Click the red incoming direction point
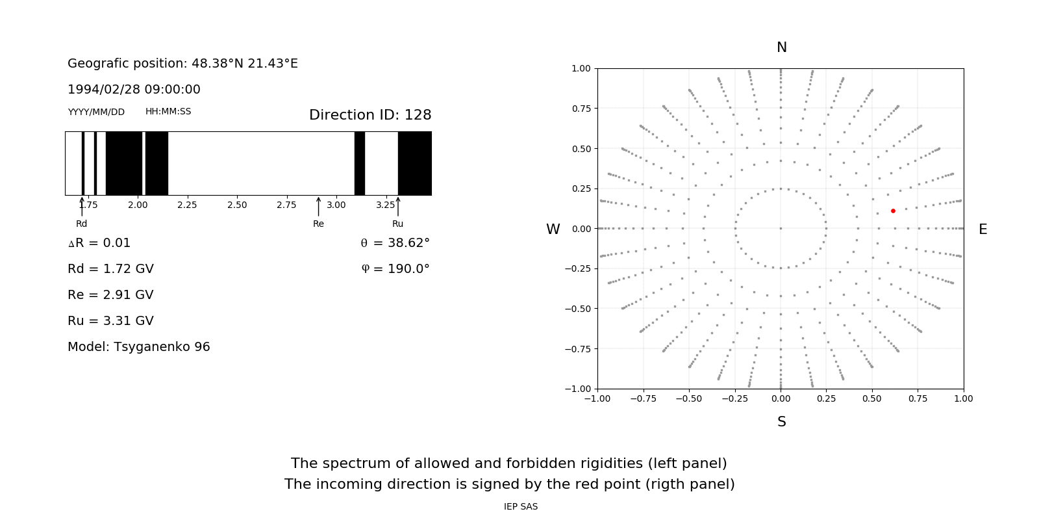click(893, 211)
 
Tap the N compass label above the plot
click(782, 47)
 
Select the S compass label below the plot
click(782, 422)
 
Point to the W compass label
click(553, 229)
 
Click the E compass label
click(983, 229)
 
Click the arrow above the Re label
click(318, 207)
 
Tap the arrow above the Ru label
click(398, 207)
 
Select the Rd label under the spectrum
click(81, 224)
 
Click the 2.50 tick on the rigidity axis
click(237, 205)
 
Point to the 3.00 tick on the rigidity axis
click(336, 205)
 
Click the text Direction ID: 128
click(370, 115)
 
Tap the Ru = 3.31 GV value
click(110, 320)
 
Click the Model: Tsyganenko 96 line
click(139, 346)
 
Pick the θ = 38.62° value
click(395, 242)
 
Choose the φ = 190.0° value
click(395, 268)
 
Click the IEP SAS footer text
click(521, 506)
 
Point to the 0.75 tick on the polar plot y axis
click(581, 109)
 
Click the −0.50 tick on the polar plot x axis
click(689, 398)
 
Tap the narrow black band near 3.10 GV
click(359, 163)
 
